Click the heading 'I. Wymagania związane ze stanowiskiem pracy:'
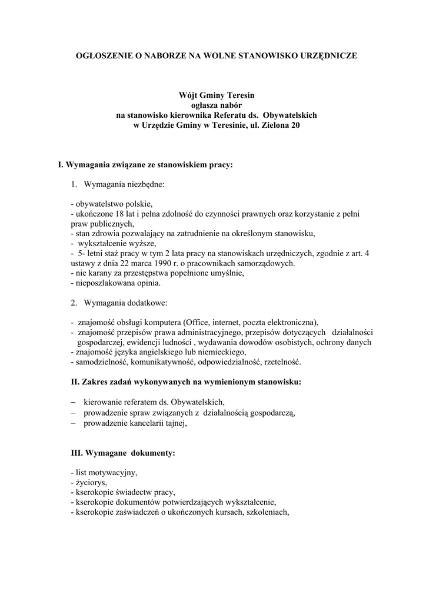coord(145,165)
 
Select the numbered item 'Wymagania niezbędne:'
coord(125,184)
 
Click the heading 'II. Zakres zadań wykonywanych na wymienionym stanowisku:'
coord(185,382)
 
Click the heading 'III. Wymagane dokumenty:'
coord(122,453)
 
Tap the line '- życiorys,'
coord(88,482)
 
